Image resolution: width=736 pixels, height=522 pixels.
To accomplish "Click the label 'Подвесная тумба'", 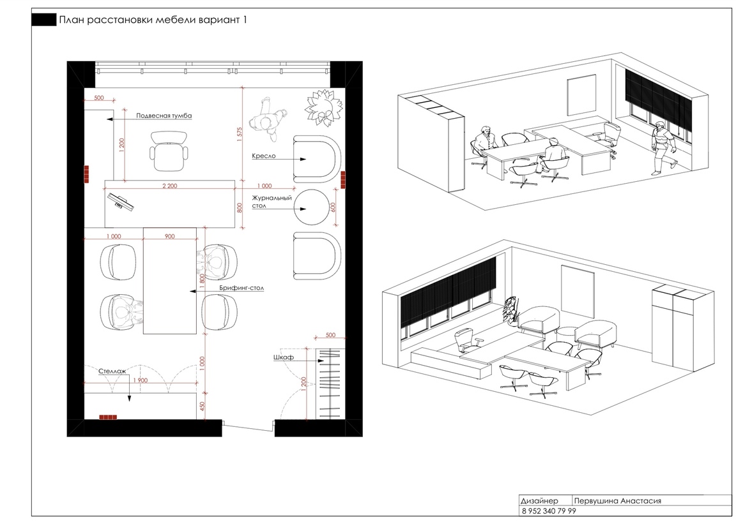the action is click(x=164, y=116).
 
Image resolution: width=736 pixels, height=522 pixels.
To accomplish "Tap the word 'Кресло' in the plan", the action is click(x=263, y=156).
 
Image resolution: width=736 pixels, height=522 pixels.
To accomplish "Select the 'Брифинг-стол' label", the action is click(x=241, y=288).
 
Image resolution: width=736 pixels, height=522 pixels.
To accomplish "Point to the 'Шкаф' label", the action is click(x=284, y=357).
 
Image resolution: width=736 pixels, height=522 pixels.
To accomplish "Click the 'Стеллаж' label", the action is click(x=112, y=371).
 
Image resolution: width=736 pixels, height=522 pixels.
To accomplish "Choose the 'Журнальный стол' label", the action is click(x=272, y=202).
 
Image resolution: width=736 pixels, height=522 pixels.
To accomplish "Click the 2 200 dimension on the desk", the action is click(x=169, y=186).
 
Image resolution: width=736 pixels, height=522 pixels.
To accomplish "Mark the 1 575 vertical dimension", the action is click(x=240, y=134).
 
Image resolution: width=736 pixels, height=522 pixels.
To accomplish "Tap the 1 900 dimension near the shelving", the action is click(x=141, y=380).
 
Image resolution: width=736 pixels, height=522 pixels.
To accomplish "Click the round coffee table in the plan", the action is click(x=312, y=207).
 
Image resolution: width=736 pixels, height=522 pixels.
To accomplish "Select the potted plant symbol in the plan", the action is click(x=323, y=108).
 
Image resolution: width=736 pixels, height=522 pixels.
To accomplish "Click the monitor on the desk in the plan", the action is click(x=119, y=202).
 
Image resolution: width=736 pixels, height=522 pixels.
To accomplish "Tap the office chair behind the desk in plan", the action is click(x=169, y=151).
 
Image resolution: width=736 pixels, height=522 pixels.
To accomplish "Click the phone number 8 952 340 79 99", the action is click(x=548, y=511).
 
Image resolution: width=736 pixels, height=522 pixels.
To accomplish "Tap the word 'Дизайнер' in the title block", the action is click(x=539, y=501).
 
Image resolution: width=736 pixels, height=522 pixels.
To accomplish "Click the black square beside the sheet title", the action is click(x=43, y=20).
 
